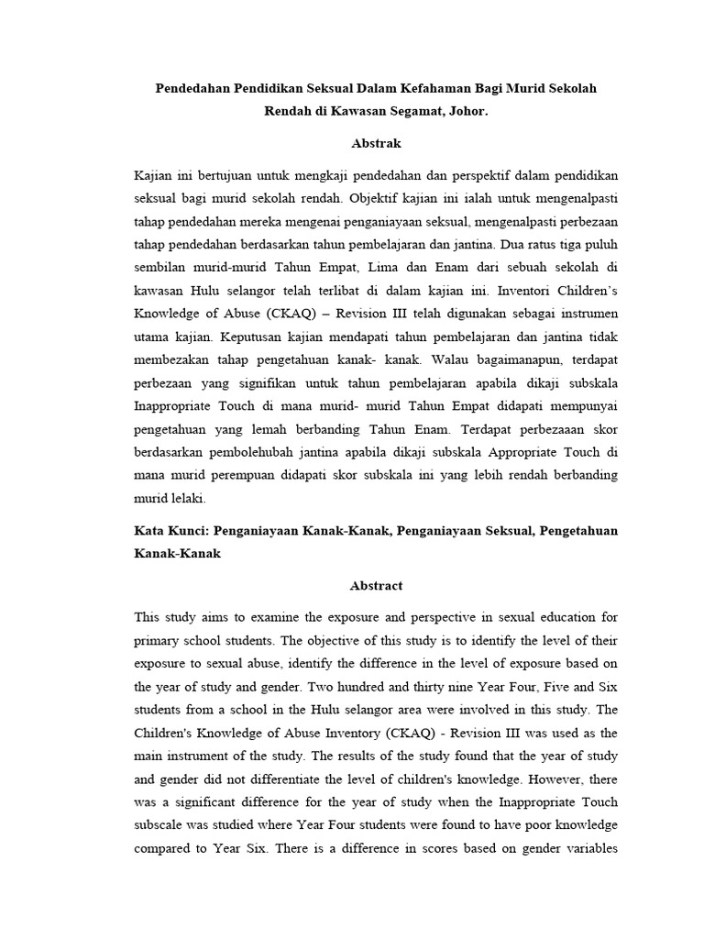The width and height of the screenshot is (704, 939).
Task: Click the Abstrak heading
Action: point(376,143)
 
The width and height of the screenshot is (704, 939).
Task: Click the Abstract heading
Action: point(376,585)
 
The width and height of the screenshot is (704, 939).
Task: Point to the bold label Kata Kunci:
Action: point(170,532)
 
